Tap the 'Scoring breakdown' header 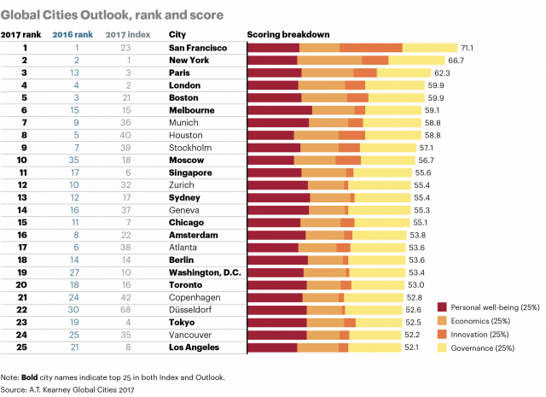(x=288, y=34)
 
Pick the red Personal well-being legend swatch (x=441, y=307)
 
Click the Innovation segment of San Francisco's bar (x=371, y=49)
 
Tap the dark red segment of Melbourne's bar (x=279, y=111)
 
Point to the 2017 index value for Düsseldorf (x=125, y=310)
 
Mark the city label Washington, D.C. (x=208, y=272)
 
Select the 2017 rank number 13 (x=25, y=198)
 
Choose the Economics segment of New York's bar (x=329, y=61)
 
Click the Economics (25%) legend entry (x=481, y=320)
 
